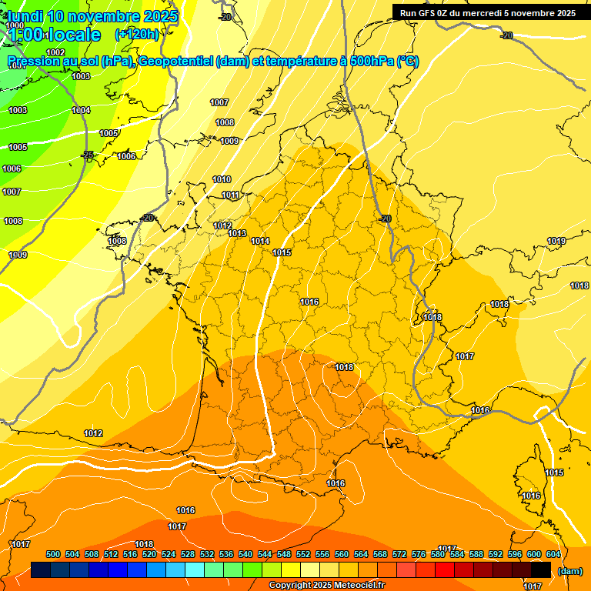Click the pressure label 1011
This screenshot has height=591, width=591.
[231, 195]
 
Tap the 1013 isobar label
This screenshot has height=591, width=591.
[237, 234]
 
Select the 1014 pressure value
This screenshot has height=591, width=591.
[260, 242]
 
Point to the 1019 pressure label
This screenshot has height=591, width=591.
[556, 242]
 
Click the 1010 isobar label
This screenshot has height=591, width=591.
[222, 180]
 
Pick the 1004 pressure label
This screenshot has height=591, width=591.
[81, 111]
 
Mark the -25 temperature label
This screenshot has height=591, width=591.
[88, 155]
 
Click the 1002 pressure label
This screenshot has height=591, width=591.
[55, 52]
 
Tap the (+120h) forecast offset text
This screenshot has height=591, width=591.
[137, 35]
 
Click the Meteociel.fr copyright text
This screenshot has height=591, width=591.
[326, 586]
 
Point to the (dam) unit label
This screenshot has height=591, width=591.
[569, 571]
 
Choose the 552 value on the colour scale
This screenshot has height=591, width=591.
[304, 555]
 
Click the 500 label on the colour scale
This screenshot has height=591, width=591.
[54, 555]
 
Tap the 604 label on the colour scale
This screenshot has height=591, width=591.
[553, 555]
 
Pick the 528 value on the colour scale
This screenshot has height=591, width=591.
[189, 555]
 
